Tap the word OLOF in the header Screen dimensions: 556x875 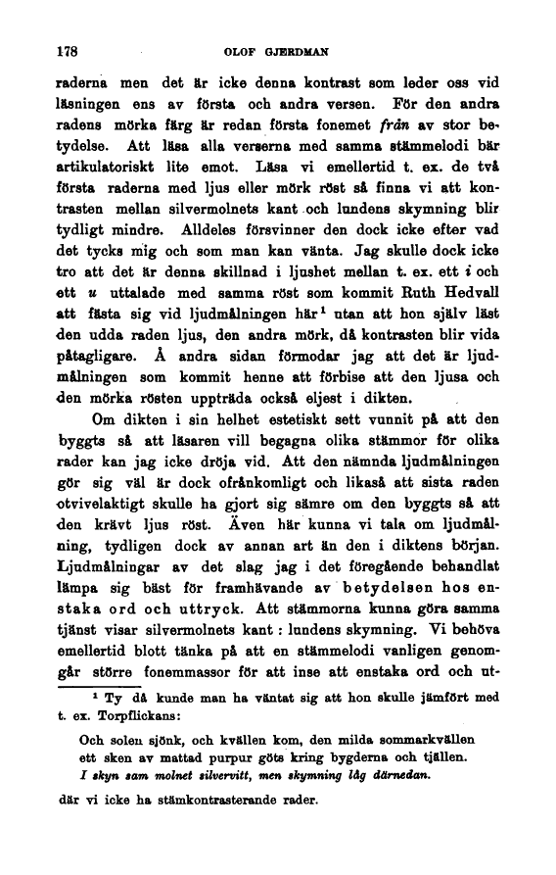[x=241, y=49]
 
